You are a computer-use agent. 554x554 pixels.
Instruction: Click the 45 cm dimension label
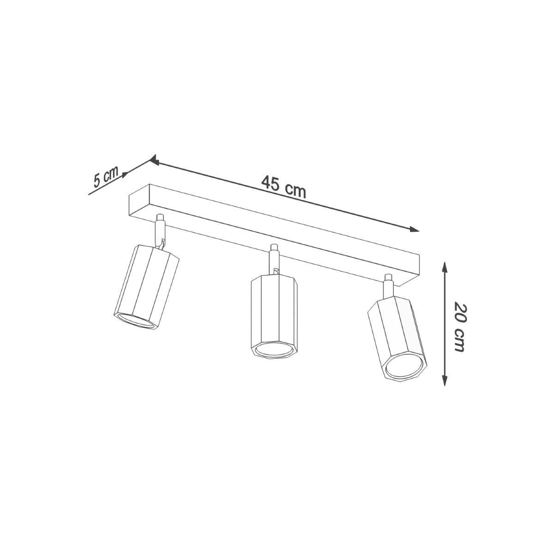283,187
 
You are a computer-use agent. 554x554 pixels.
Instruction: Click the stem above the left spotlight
160,231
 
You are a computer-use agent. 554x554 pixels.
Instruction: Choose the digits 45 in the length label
271,183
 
